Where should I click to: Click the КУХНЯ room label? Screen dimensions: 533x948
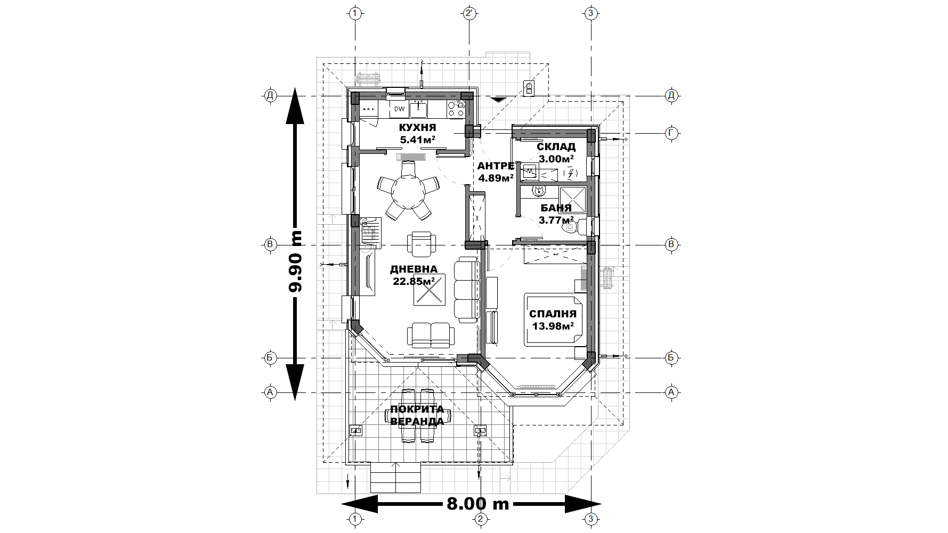coord(418,128)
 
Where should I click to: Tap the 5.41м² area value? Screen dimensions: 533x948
coord(418,140)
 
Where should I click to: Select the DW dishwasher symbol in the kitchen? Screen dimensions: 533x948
coord(399,110)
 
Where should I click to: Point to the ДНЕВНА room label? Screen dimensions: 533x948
coord(414,269)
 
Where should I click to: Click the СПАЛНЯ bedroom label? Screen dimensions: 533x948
coord(553,314)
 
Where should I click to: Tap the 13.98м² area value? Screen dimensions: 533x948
coord(553,326)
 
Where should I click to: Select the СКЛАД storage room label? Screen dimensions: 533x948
coord(556,146)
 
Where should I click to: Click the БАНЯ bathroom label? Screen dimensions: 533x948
coord(556,208)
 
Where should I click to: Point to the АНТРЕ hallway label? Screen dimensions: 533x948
coord(496,166)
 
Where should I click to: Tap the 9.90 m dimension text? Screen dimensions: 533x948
coord(295,260)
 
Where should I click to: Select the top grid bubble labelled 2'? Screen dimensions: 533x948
coord(469,13)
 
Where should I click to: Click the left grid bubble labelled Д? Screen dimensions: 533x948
coord(270,96)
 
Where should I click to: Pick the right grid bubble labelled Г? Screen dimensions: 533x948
coord(671,133)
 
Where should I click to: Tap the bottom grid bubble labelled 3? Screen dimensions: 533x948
coord(590,519)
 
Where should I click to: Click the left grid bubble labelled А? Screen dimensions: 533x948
coord(270,392)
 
